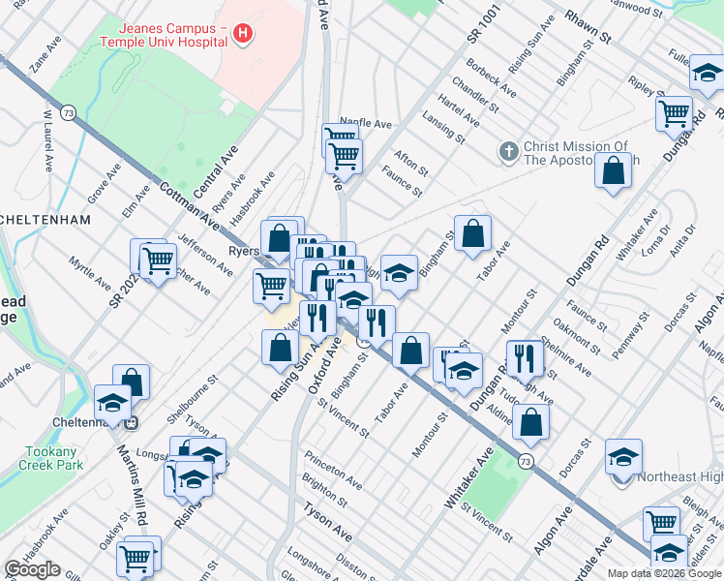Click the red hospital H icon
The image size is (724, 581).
point(243,36)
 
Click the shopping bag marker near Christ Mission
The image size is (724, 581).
point(614,171)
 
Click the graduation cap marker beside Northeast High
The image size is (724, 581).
point(623,456)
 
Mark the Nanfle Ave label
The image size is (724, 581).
point(365,124)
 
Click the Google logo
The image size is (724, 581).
point(32,569)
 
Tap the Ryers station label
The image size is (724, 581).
point(243,251)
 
